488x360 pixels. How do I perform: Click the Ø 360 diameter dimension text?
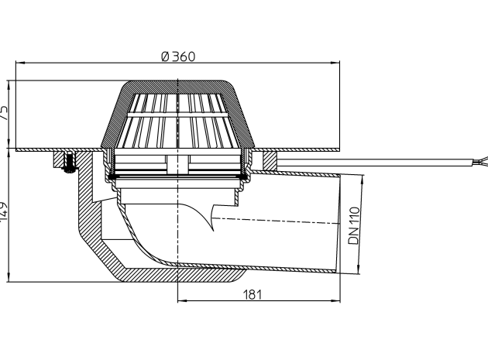point(178,57)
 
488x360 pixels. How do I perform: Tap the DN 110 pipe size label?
point(353,225)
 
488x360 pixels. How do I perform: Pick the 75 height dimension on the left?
point(4,113)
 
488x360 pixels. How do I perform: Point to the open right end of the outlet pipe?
point(339,225)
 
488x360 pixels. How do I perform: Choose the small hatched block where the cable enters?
point(270,161)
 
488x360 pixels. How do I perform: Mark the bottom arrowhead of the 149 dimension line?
point(9,278)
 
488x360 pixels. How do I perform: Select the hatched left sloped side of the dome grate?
point(113,116)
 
